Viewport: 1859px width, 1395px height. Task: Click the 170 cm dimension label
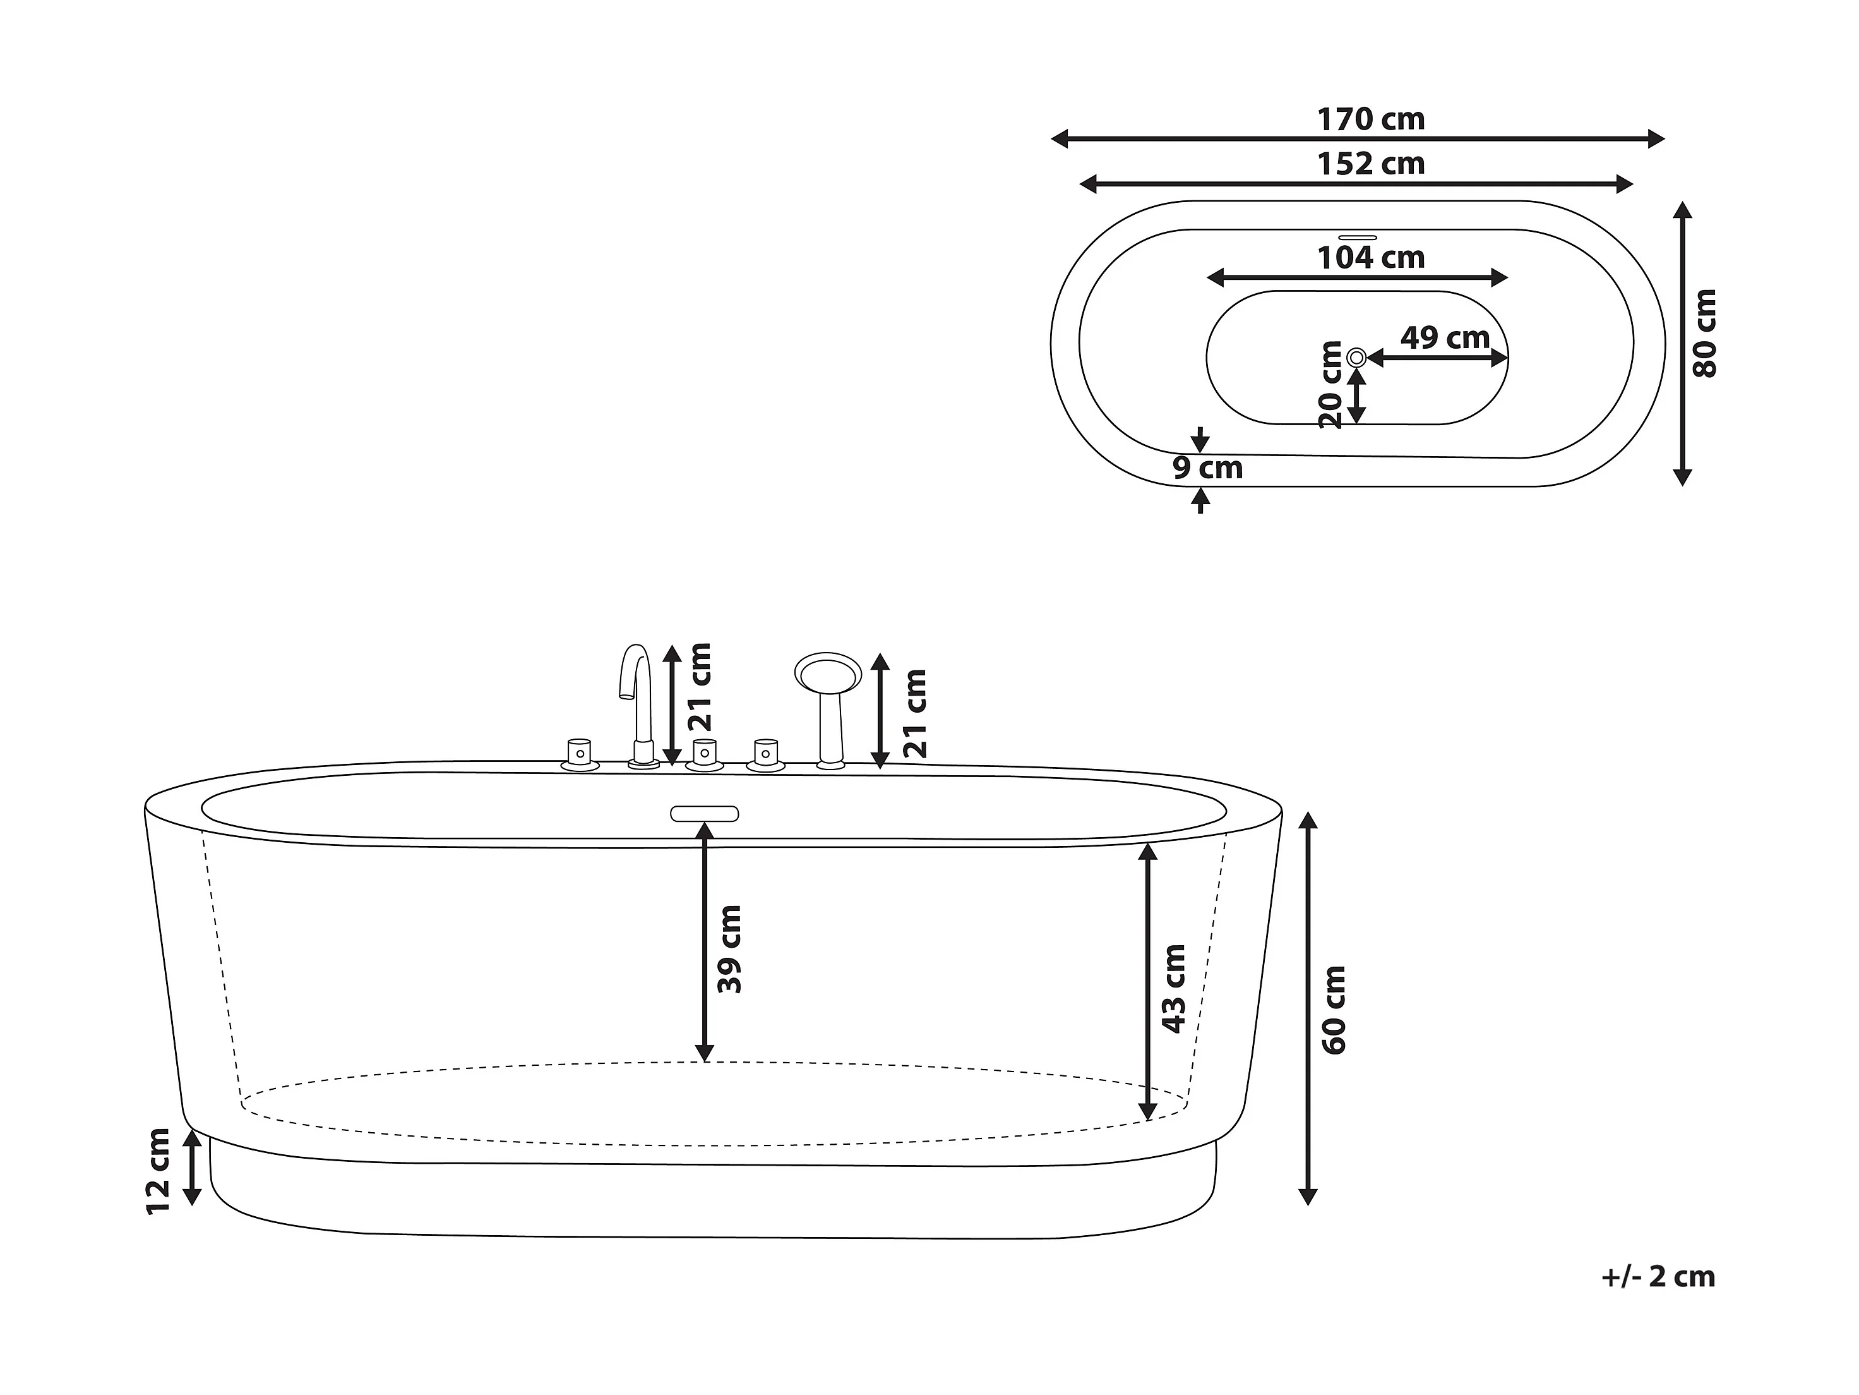[1371, 120]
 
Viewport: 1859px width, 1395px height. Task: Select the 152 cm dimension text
[1371, 164]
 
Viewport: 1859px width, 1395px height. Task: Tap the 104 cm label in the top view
[1371, 257]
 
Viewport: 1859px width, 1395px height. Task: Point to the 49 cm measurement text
[1445, 338]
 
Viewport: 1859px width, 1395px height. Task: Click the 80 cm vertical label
[1705, 334]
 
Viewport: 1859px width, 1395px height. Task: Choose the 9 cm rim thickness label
[1208, 468]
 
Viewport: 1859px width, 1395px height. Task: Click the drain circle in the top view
[1356, 358]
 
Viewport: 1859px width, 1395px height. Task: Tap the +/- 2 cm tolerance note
[1658, 1276]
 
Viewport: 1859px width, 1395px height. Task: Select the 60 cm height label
[1334, 1010]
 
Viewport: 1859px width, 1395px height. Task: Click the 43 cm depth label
[1173, 988]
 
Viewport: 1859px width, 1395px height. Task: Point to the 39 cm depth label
[729, 950]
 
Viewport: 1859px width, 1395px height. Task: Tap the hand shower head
[828, 673]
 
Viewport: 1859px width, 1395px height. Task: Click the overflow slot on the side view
[704, 813]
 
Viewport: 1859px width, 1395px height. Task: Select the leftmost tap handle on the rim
[579, 754]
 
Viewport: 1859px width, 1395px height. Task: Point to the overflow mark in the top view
[1357, 237]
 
